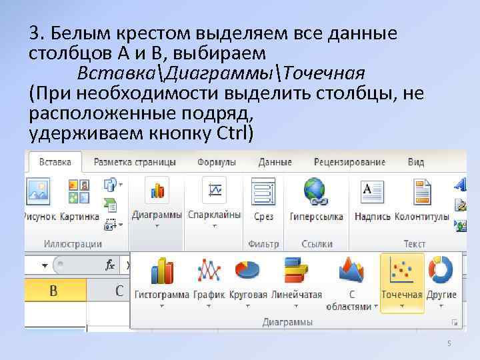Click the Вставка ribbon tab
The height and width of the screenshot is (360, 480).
[55, 162]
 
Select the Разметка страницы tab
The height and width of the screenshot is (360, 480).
[135, 162]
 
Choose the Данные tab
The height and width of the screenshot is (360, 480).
[275, 162]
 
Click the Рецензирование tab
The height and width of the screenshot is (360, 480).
[350, 162]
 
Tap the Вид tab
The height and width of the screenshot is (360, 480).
[416, 162]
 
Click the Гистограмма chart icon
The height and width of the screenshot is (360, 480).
[162, 271]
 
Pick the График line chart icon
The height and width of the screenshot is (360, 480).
[209, 271]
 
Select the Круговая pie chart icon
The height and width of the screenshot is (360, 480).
[247, 271]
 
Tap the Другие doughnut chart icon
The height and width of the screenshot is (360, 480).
[441, 271]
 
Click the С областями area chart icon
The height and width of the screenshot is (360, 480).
[351, 271]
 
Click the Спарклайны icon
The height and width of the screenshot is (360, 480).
[215, 191]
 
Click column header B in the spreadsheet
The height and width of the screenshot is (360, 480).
[53, 291]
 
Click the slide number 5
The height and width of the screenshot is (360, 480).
[449, 343]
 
